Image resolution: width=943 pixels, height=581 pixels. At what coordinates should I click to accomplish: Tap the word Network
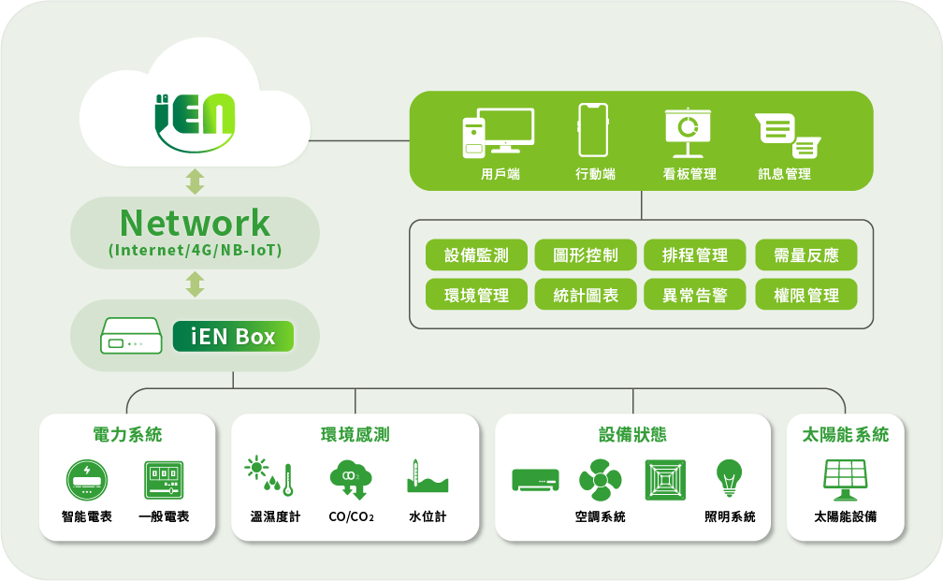[195, 223]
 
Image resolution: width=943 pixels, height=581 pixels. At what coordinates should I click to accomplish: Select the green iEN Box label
[233, 336]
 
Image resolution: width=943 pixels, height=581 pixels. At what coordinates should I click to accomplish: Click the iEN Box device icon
[131, 336]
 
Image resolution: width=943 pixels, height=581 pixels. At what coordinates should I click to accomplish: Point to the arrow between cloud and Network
[195, 182]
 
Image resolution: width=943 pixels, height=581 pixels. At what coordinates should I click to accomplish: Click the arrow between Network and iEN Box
[195, 284]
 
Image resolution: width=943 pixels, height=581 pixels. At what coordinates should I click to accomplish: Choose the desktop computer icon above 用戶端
[498, 133]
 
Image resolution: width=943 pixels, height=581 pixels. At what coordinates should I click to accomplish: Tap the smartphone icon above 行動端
[593, 130]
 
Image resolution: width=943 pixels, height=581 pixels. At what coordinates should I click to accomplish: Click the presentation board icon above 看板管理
[688, 133]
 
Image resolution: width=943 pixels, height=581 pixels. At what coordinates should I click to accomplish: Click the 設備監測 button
[476, 255]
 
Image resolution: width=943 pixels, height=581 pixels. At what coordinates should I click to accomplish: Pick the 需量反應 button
[805, 255]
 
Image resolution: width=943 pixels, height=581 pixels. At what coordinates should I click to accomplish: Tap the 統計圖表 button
[586, 295]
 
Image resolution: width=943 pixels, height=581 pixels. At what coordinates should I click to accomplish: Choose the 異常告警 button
[694, 295]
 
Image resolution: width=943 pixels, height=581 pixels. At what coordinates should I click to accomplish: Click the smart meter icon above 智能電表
[87, 480]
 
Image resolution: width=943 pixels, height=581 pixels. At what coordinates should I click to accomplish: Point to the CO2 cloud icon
[351, 480]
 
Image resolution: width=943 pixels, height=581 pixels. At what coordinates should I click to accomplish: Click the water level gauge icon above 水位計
[427, 476]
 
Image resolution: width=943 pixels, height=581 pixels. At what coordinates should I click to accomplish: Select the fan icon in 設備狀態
[601, 480]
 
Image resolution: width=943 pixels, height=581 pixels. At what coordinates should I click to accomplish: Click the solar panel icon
[845, 480]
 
